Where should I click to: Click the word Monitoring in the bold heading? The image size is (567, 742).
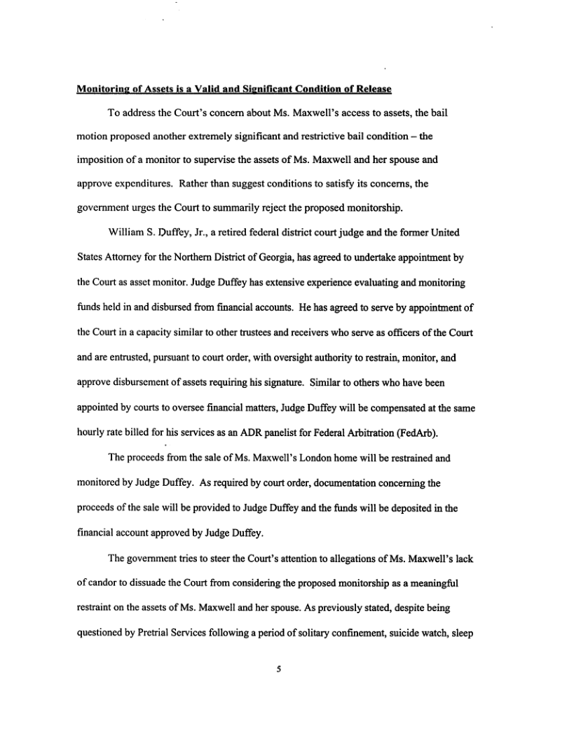coord(104,90)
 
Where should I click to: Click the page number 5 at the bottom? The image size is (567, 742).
coord(278,669)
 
